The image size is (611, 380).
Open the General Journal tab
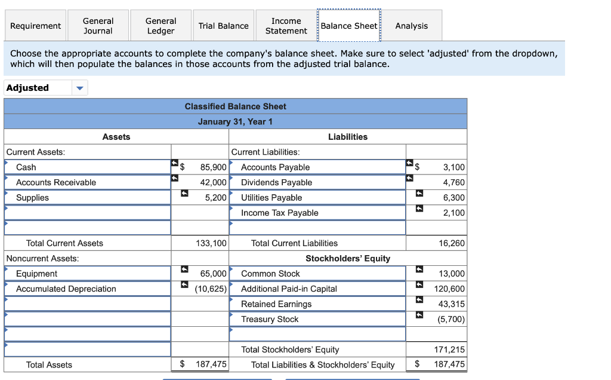[98, 26]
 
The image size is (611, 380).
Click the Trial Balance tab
[223, 26]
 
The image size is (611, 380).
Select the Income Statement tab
[286, 26]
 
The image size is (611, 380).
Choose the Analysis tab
[411, 26]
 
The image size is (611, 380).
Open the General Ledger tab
[161, 26]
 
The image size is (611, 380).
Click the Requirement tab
[35, 26]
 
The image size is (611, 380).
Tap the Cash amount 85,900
[213, 167]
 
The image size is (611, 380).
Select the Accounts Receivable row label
[56, 182]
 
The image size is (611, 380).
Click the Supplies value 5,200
[215, 198]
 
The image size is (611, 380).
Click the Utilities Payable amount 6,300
[453, 198]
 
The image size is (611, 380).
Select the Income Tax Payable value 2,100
[453, 213]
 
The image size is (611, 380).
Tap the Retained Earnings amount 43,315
[451, 304]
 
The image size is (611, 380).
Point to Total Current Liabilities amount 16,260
[451, 243]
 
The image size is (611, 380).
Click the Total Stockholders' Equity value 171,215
[449, 350]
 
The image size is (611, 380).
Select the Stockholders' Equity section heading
[348, 259]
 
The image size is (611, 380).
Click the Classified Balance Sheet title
[235, 106]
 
